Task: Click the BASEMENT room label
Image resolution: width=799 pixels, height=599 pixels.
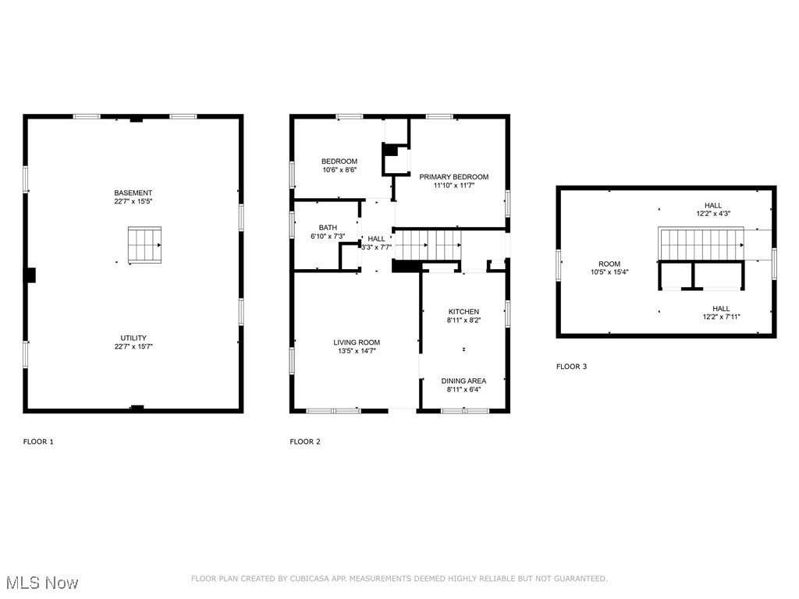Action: [133, 193]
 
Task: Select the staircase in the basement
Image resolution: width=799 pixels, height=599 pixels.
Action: [144, 244]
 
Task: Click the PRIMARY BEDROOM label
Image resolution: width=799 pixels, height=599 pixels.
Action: [453, 177]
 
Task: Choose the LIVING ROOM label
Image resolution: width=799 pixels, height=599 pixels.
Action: [356, 342]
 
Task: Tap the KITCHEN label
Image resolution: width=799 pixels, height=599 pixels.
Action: [463, 311]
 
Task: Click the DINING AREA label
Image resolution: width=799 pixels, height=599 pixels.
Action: [463, 381]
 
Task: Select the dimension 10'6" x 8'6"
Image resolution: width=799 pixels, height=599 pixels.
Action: [339, 169]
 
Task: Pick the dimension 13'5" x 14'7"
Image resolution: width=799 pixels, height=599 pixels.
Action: [356, 350]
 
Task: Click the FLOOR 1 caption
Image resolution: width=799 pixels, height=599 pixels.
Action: [38, 441]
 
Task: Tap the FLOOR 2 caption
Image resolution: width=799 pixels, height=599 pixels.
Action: [305, 441]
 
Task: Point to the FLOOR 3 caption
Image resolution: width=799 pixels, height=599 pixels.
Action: [571, 366]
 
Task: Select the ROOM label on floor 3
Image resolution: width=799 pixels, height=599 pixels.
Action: [609, 264]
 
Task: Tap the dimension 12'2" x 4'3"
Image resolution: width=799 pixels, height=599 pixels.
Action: [713, 214]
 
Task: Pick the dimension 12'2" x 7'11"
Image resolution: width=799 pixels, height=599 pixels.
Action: [721, 317]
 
